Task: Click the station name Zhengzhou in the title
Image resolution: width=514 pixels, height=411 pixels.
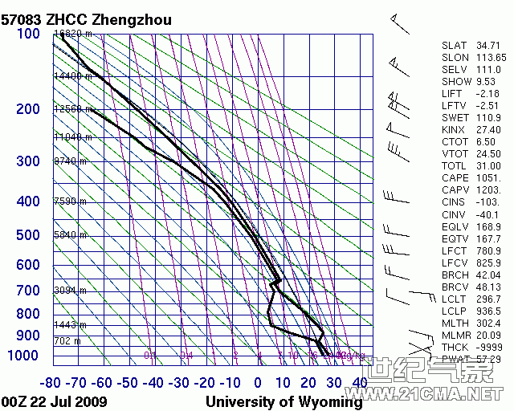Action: pyautogui.click(x=131, y=18)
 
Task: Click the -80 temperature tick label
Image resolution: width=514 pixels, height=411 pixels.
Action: pyautogui.click(x=53, y=382)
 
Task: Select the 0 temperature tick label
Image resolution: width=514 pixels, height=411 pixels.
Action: pyautogui.click(x=258, y=382)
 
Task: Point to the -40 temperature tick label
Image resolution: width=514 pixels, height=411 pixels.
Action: pyautogui.click(x=156, y=382)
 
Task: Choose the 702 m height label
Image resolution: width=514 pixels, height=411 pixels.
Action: pyautogui.click(x=67, y=341)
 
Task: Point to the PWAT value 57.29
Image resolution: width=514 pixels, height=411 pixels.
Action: pyautogui.click(x=489, y=359)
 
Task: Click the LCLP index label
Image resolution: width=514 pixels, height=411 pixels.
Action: pyautogui.click(x=455, y=311)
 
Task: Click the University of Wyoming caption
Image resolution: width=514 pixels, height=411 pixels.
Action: pyautogui.click(x=284, y=401)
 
